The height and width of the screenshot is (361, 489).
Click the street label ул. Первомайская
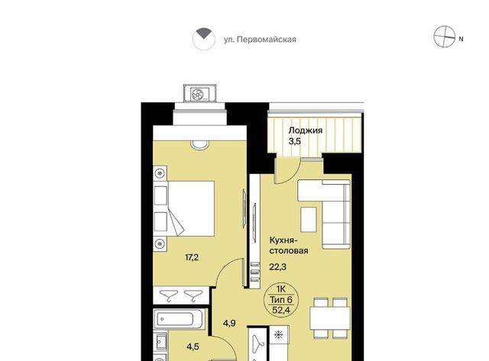coord(260,40)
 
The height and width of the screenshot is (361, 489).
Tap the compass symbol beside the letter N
coord(445,37)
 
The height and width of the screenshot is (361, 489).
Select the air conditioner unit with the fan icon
coord(200,93)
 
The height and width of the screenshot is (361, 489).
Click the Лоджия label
coord(305,131)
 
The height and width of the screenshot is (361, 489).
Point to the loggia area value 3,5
coord(294,141)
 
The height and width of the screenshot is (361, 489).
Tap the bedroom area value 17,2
coord(192,258)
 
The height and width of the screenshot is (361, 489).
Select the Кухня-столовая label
coord(289,246)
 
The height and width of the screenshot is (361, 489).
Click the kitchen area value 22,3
coord(277,267)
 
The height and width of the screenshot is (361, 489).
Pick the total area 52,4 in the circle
coord(281,310)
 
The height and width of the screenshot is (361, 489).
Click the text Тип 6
coord(281,300)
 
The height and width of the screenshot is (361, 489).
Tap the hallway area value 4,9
coord(229,324)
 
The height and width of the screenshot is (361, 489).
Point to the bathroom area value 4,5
coord(193,346)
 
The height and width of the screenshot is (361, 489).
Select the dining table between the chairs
coord(330,318)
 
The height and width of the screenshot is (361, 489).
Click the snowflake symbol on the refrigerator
coord(277,334)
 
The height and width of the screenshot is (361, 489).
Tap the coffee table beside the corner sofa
coord(309,220)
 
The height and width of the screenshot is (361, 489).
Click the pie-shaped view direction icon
coord(204,39)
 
